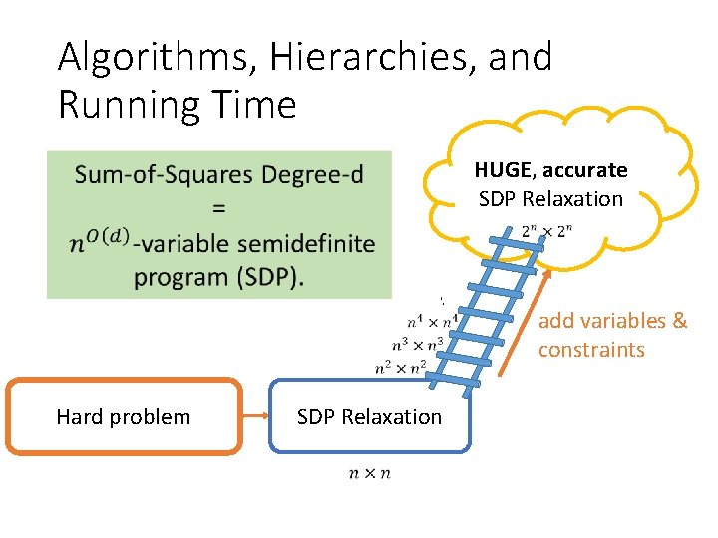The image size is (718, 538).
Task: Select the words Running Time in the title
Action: coord(178,104)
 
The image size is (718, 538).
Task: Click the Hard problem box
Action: coord(124,416)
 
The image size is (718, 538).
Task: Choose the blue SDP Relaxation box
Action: coord(369,416)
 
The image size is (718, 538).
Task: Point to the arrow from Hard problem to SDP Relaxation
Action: coord(255,416)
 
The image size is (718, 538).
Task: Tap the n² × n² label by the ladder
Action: coord(401,367)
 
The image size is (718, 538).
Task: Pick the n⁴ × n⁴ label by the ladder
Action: coord(432,322)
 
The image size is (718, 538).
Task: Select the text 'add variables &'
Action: coord(612,321)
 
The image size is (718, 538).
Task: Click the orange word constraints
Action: coord(591,350)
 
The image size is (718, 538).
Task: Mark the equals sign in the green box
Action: coord(218,209)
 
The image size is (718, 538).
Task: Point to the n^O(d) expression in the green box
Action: coord(101,242)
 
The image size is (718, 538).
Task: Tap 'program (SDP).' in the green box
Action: coord(218,276)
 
